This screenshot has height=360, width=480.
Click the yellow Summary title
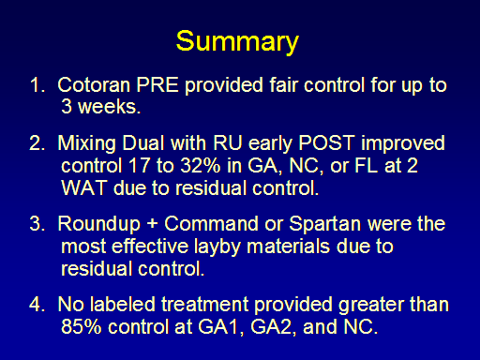point(237,42)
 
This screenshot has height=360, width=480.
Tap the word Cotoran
point(94,84)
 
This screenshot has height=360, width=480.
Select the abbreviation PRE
point(157,84)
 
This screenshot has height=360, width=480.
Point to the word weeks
point(109,107)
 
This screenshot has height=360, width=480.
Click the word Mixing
point(86,143)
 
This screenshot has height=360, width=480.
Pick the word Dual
point(143,143)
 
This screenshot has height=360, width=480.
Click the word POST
point(326,143)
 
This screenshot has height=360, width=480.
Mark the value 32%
point(201,166)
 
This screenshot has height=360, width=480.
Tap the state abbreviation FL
point(366,166)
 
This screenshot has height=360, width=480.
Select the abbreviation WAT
point(84,187)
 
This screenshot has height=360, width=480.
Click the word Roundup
point(99,224)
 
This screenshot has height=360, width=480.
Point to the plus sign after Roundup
point(152,224)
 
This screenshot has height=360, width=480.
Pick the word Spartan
point(324,224)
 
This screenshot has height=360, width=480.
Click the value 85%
point(82,327)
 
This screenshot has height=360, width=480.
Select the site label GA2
point(272,327)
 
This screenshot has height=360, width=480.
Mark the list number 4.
point(35,305)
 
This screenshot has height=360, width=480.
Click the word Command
point(212,224)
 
